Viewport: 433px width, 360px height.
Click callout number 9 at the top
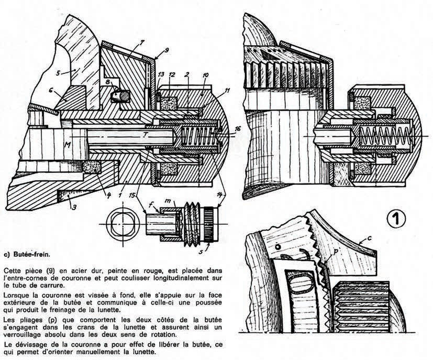(x=166, y=50)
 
